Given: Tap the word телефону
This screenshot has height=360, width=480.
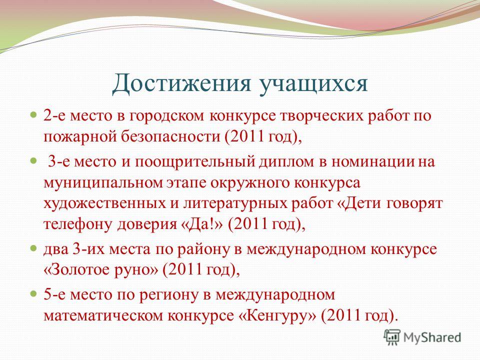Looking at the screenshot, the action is [x=78, y=225].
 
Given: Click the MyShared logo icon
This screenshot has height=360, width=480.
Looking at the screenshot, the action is [x=392, y=337].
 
